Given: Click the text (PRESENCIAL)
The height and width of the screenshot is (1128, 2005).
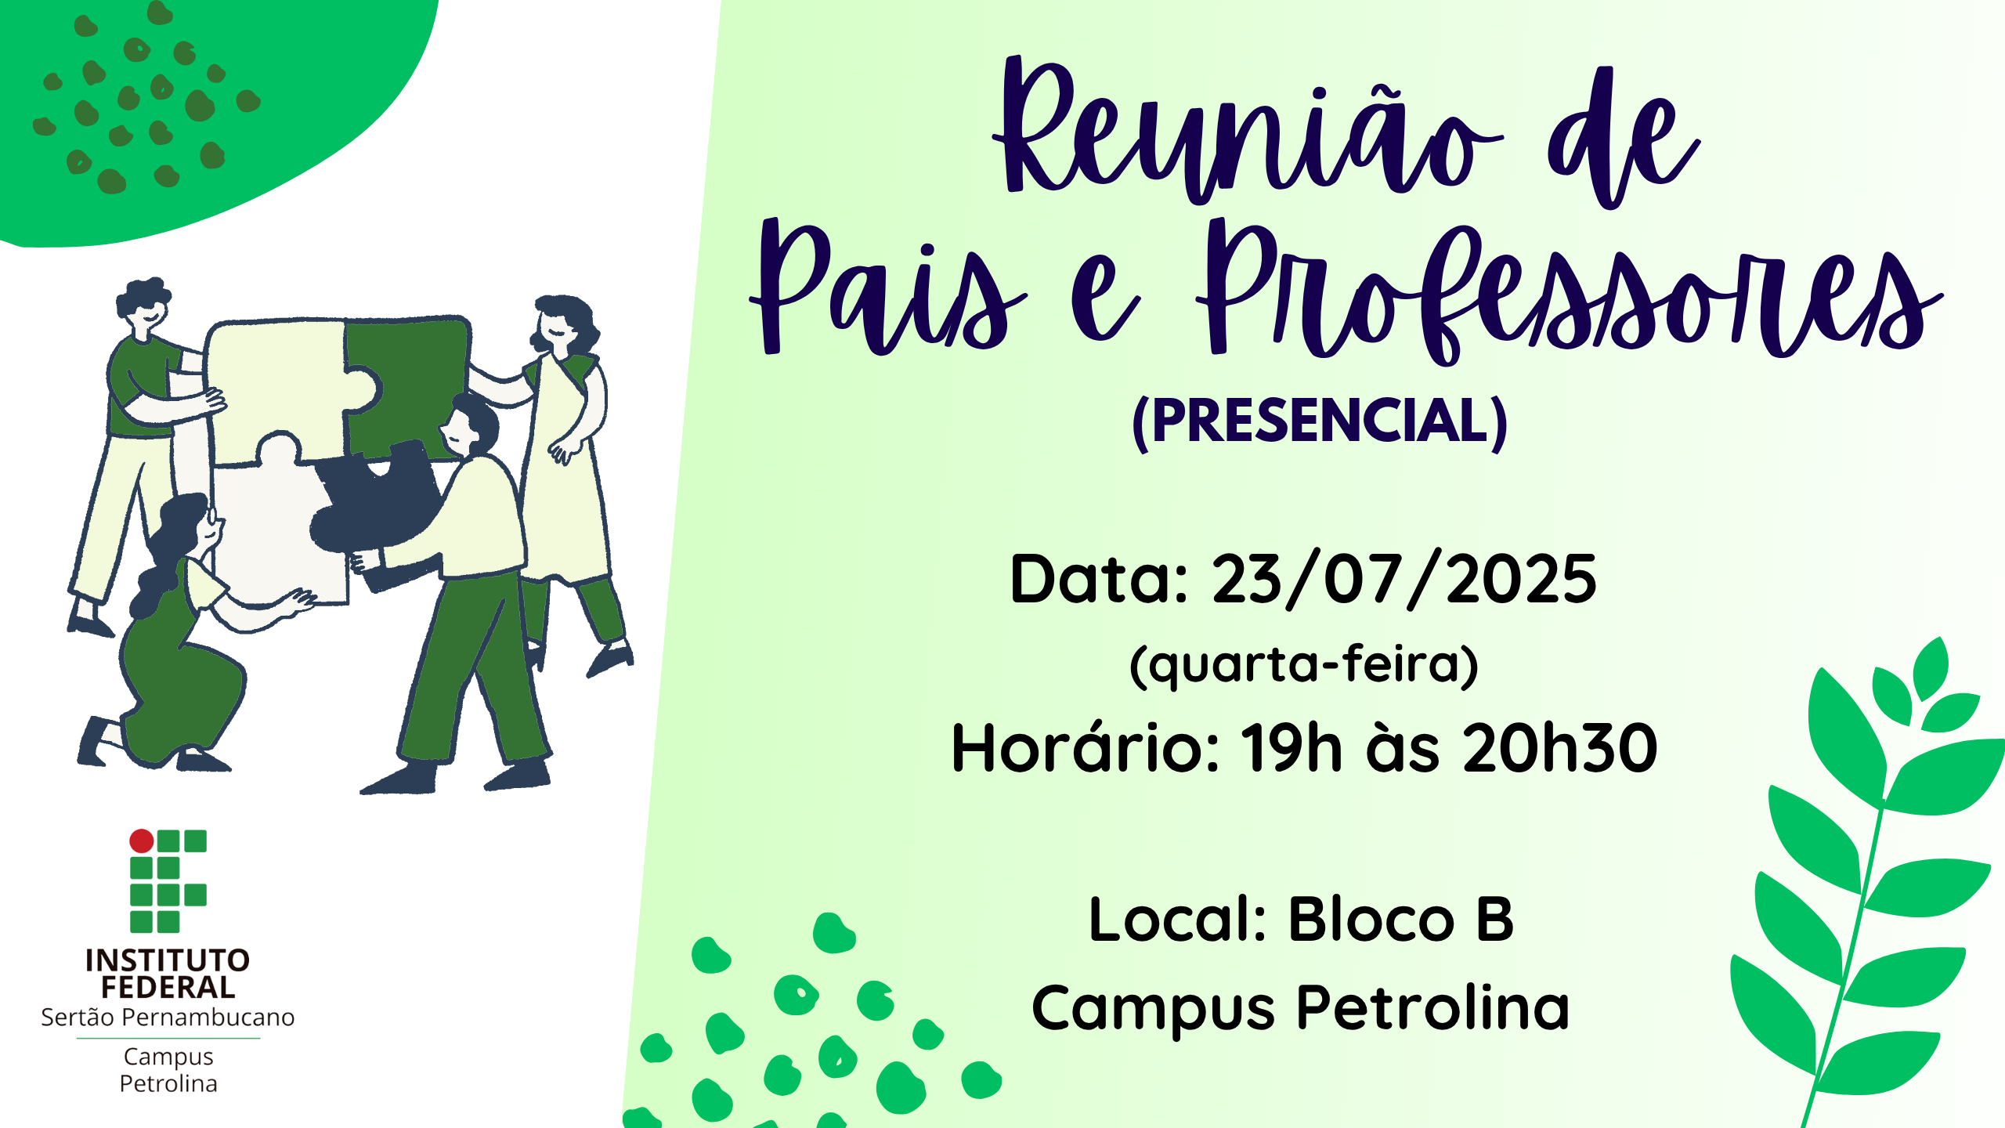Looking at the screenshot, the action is point(1320,423).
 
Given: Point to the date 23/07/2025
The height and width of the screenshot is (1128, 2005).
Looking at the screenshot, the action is point(1404,580).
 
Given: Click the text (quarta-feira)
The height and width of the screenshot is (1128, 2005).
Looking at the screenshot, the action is point(1304,666).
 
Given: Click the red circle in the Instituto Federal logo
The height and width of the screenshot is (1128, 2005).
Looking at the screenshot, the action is point(142,841).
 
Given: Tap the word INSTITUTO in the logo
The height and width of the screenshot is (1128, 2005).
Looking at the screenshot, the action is point(168,960).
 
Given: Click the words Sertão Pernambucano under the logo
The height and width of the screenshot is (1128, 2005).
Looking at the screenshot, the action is point(168,1017).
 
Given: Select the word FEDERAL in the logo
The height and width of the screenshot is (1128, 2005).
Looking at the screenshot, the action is point(168,988).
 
